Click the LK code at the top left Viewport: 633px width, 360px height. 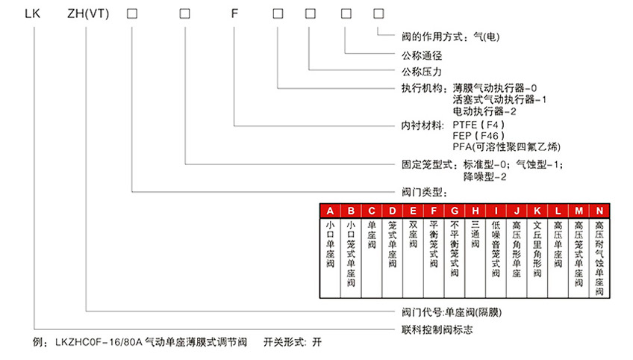click(32, 13)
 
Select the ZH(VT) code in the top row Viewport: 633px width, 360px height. click(88, 13)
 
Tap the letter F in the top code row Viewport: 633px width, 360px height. click(234, 13)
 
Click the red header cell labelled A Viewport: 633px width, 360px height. click(330, 211)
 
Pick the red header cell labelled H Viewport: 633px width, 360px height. click(475, 211)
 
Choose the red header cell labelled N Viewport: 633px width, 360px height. click(599, 211)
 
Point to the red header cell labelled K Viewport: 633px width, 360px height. click(537, 211)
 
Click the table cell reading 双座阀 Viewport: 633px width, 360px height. click(413, 235)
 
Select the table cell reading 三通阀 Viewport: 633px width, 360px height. click(475, 235)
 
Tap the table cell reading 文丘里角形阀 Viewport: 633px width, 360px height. click(537, 249)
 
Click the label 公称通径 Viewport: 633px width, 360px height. click(422, 55)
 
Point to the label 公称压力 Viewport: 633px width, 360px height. click(422, 72)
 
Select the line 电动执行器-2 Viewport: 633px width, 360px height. click(484, 111)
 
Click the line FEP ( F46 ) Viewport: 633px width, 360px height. click(478, 136)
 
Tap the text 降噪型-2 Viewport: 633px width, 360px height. click(484, 176)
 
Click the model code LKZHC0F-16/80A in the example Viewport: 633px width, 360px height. click(99, 343)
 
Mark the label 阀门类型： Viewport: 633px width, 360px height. click(424, 192)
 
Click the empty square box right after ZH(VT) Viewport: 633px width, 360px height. click(132, 13)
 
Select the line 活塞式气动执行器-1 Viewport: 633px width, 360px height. click(499, 99)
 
